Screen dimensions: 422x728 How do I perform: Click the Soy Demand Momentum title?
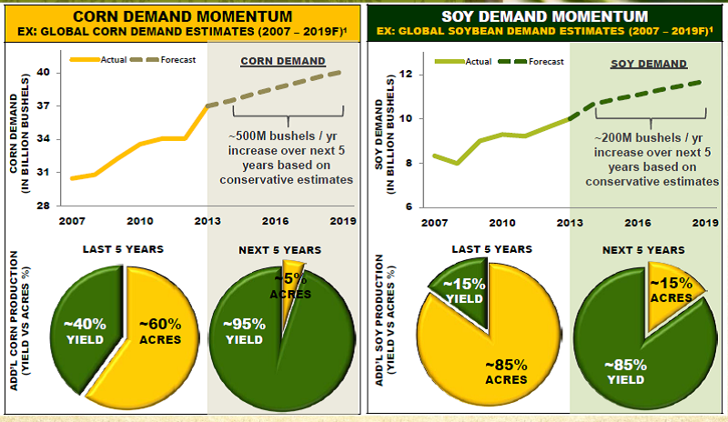coord(544,15)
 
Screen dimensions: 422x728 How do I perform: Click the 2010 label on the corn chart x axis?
coord(138,221)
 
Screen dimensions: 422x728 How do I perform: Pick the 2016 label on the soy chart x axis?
coord(639,221)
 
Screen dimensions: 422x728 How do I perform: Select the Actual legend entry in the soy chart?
coord(480,61)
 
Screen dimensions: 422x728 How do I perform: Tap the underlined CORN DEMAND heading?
coord(283,62)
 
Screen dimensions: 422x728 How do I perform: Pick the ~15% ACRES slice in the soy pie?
coord(674,290)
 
